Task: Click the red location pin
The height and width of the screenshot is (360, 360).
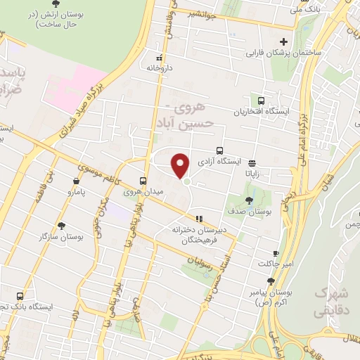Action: pos(181,165)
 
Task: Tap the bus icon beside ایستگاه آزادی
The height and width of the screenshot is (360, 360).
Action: pos(220,150)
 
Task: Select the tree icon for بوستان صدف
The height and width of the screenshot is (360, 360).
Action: pos(250,201)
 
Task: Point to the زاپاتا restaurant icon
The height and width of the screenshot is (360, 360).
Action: pos(252,163)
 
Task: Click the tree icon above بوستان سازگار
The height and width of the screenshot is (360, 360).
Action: pos(63,226)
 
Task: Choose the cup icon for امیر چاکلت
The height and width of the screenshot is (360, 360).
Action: pos(276,253)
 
